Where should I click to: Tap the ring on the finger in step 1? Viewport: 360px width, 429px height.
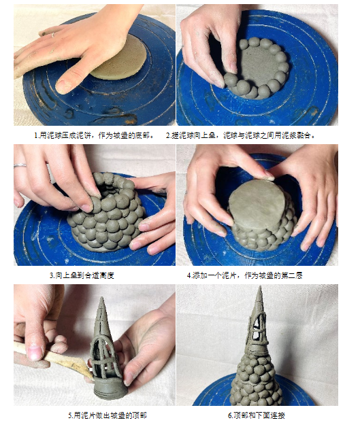52,35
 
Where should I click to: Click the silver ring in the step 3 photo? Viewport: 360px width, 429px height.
20,165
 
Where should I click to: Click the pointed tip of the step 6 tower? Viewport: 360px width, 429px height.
260,287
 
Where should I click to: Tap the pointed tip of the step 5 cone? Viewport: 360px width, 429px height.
101,298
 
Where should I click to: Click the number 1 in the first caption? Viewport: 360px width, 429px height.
36,135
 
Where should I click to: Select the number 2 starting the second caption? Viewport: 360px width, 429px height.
168,135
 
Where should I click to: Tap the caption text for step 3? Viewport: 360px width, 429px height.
82,275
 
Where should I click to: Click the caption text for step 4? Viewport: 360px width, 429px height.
245,275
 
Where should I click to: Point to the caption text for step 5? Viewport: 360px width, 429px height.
108,415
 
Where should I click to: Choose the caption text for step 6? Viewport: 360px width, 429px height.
257,415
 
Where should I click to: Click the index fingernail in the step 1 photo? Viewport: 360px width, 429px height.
63,86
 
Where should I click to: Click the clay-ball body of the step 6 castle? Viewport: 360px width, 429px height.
256,380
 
